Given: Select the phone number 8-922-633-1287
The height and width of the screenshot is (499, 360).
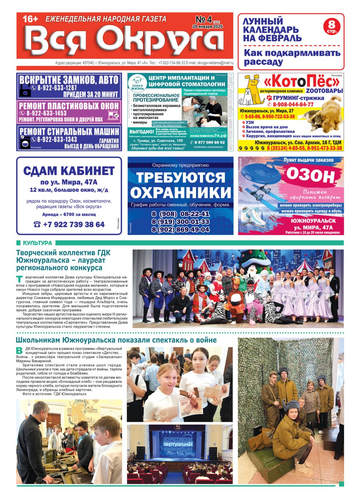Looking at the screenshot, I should [54, 88].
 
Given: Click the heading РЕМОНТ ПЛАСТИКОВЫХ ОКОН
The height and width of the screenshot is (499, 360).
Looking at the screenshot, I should [69, 106].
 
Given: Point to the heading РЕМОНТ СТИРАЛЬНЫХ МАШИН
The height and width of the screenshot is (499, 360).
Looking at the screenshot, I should [69, 131].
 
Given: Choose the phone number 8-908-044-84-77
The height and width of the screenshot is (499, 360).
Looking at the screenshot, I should [293, 104].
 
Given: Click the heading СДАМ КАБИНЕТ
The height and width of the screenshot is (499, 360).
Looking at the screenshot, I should [69, 171].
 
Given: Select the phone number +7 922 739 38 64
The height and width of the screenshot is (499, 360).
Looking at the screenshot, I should [69, 224].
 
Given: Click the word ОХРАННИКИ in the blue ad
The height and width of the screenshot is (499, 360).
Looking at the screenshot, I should [180, 193].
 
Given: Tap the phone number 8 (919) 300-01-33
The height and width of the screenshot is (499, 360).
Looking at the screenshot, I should [180, 222].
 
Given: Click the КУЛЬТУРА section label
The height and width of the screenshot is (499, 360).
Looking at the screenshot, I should [37, 243].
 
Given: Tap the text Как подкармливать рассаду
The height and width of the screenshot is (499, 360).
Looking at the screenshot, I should [292, 57].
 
